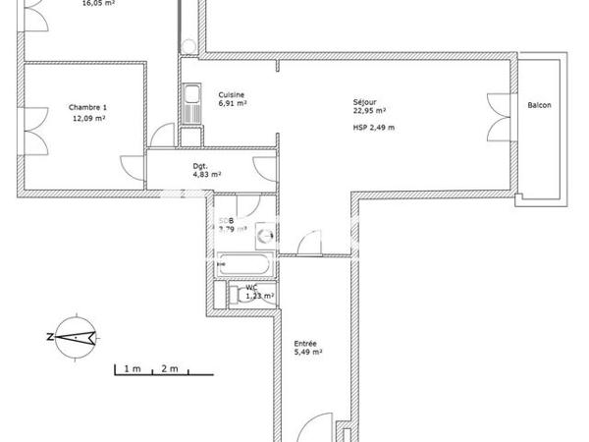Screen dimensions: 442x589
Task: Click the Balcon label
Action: (x=539, y=105)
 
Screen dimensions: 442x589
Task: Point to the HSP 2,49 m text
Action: (x=374, y=127)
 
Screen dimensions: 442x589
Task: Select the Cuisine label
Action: (x=231, y=94)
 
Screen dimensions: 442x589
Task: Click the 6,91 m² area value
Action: (x=233, y=103)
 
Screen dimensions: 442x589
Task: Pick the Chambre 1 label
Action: (x=87, y=107)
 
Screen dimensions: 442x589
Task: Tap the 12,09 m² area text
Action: (x=88, y=118)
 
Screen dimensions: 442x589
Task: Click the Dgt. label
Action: (x=200, y=165)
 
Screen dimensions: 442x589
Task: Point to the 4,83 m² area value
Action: (x=206, y=175)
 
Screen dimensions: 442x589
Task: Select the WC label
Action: (x=251, y=287)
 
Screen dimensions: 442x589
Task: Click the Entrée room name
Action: (x=305, y=343)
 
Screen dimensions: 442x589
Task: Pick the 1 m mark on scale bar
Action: (x=133, y=368)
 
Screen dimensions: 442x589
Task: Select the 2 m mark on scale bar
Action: (x=170, y=368)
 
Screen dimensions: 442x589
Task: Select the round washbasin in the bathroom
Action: (x=263, y=235)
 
